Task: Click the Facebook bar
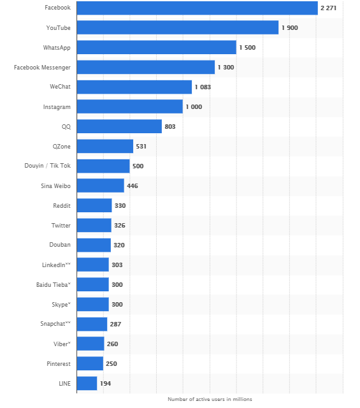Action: [197, 8]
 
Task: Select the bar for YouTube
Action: [177, 27]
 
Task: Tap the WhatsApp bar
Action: [156, 47]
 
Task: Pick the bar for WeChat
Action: [134, 87]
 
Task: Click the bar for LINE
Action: [87, 383]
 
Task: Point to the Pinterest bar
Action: [90, 363]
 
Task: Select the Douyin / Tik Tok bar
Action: [103, 166]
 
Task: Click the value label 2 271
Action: [328, 8]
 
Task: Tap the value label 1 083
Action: [203, 87]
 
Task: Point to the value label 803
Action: [169, 126]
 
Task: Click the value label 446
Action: [132, 186]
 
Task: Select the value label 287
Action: [115, 324]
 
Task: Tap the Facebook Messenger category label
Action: [42, 67]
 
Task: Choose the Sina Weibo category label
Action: [57, 186]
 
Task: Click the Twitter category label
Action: [61, 225]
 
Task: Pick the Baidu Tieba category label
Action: [54, 284]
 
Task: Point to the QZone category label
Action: [61, 146]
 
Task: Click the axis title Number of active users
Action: [210, 399]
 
